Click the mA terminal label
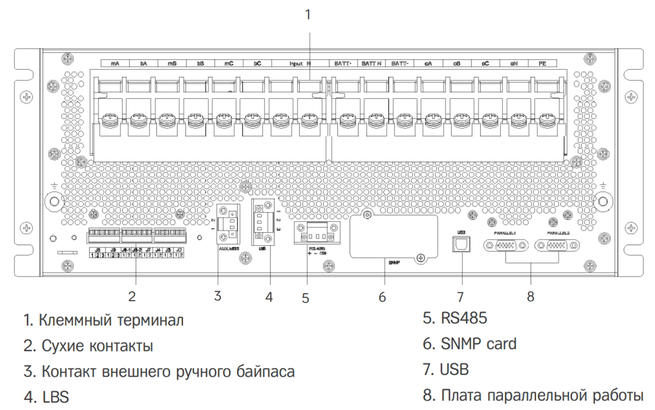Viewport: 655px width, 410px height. coord(114,65)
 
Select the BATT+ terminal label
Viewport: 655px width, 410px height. coord(342,65)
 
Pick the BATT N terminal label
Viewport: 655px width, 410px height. coord(371,65)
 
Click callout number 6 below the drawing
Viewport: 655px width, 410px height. coord(382,297)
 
